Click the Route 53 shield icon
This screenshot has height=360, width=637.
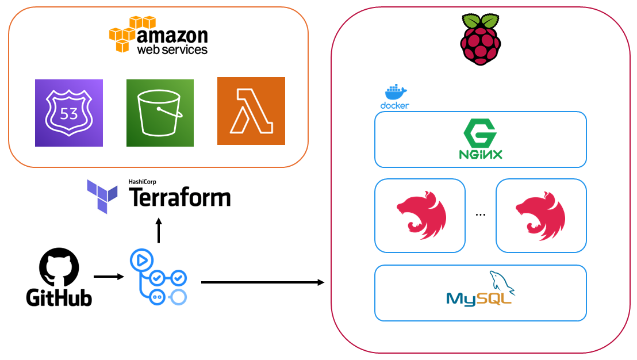(x=68, y=113)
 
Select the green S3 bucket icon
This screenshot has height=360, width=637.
(x=160, y=113)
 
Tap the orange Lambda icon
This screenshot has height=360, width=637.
(x=251, y=111)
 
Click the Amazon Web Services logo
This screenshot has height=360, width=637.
(x=159, y=35)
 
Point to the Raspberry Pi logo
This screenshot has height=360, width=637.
(x=481, y=39)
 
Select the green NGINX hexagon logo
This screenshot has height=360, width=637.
(x=481, y=139)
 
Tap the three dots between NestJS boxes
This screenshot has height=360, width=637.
(x=481, y=215)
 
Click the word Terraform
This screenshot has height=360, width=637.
(x=180, y=198)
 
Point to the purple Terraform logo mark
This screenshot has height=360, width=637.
(x=102, y=197)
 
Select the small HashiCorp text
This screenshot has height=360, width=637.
(x=142, y=182)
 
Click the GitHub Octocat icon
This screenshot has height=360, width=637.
(x=59, y=267)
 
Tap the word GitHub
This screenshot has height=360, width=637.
(x=59, y=298)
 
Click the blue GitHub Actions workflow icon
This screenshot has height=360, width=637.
(x=159, y=277)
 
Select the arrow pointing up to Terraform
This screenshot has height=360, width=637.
(x=159, y=231)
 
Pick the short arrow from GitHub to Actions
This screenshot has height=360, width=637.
(x=109, y=277)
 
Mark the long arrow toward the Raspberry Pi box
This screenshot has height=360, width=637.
(x=263, y=282)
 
